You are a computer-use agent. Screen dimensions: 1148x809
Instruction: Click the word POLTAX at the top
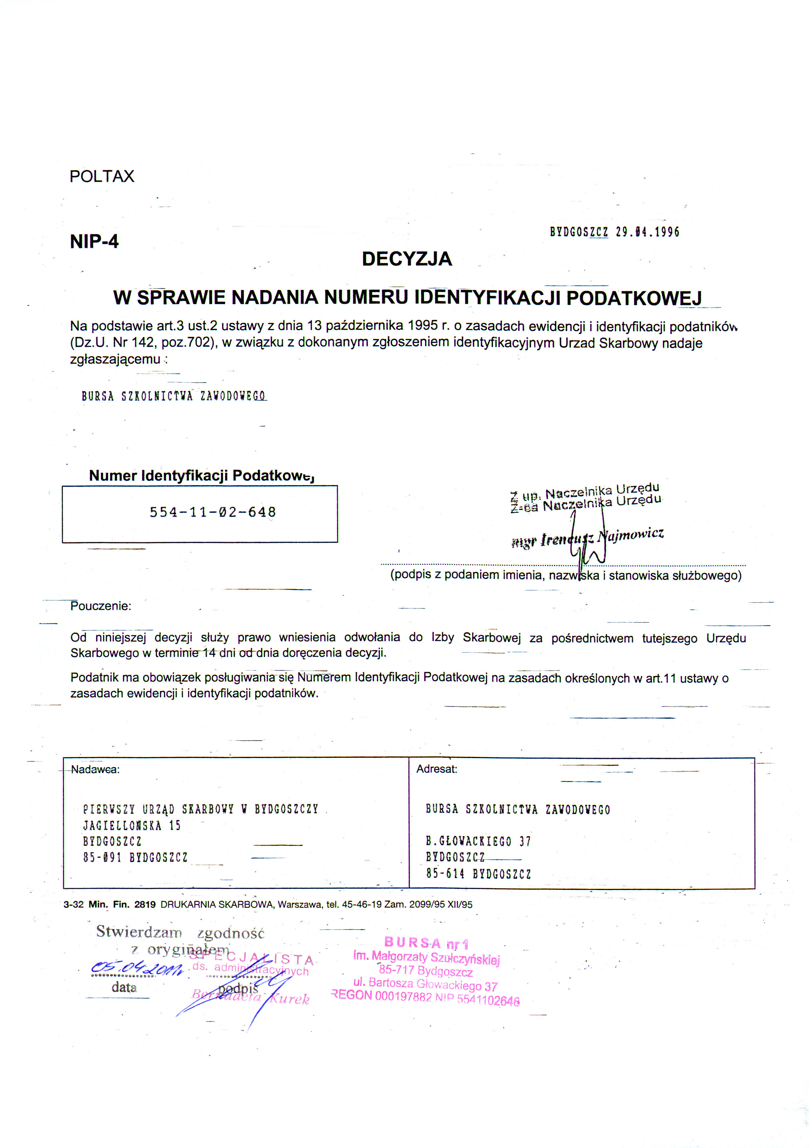point(102,177)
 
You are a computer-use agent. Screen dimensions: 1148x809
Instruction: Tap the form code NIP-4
point(94,242)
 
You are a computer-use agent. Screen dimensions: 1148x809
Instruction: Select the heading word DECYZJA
point(407,259)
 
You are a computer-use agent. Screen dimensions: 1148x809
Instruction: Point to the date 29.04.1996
point(648,232)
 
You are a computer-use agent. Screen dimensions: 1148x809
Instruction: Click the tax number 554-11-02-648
point(213,512)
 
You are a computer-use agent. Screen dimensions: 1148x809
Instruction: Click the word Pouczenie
point(101,606)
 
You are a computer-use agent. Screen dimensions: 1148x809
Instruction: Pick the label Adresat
point(437,769)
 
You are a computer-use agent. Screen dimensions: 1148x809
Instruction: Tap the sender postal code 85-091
point(102,857)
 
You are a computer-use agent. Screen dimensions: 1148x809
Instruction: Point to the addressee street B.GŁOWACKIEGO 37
point(478,842)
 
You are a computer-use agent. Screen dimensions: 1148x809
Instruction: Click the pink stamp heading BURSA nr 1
point(426,943)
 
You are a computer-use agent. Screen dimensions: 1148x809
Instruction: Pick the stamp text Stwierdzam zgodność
point(180,932)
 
